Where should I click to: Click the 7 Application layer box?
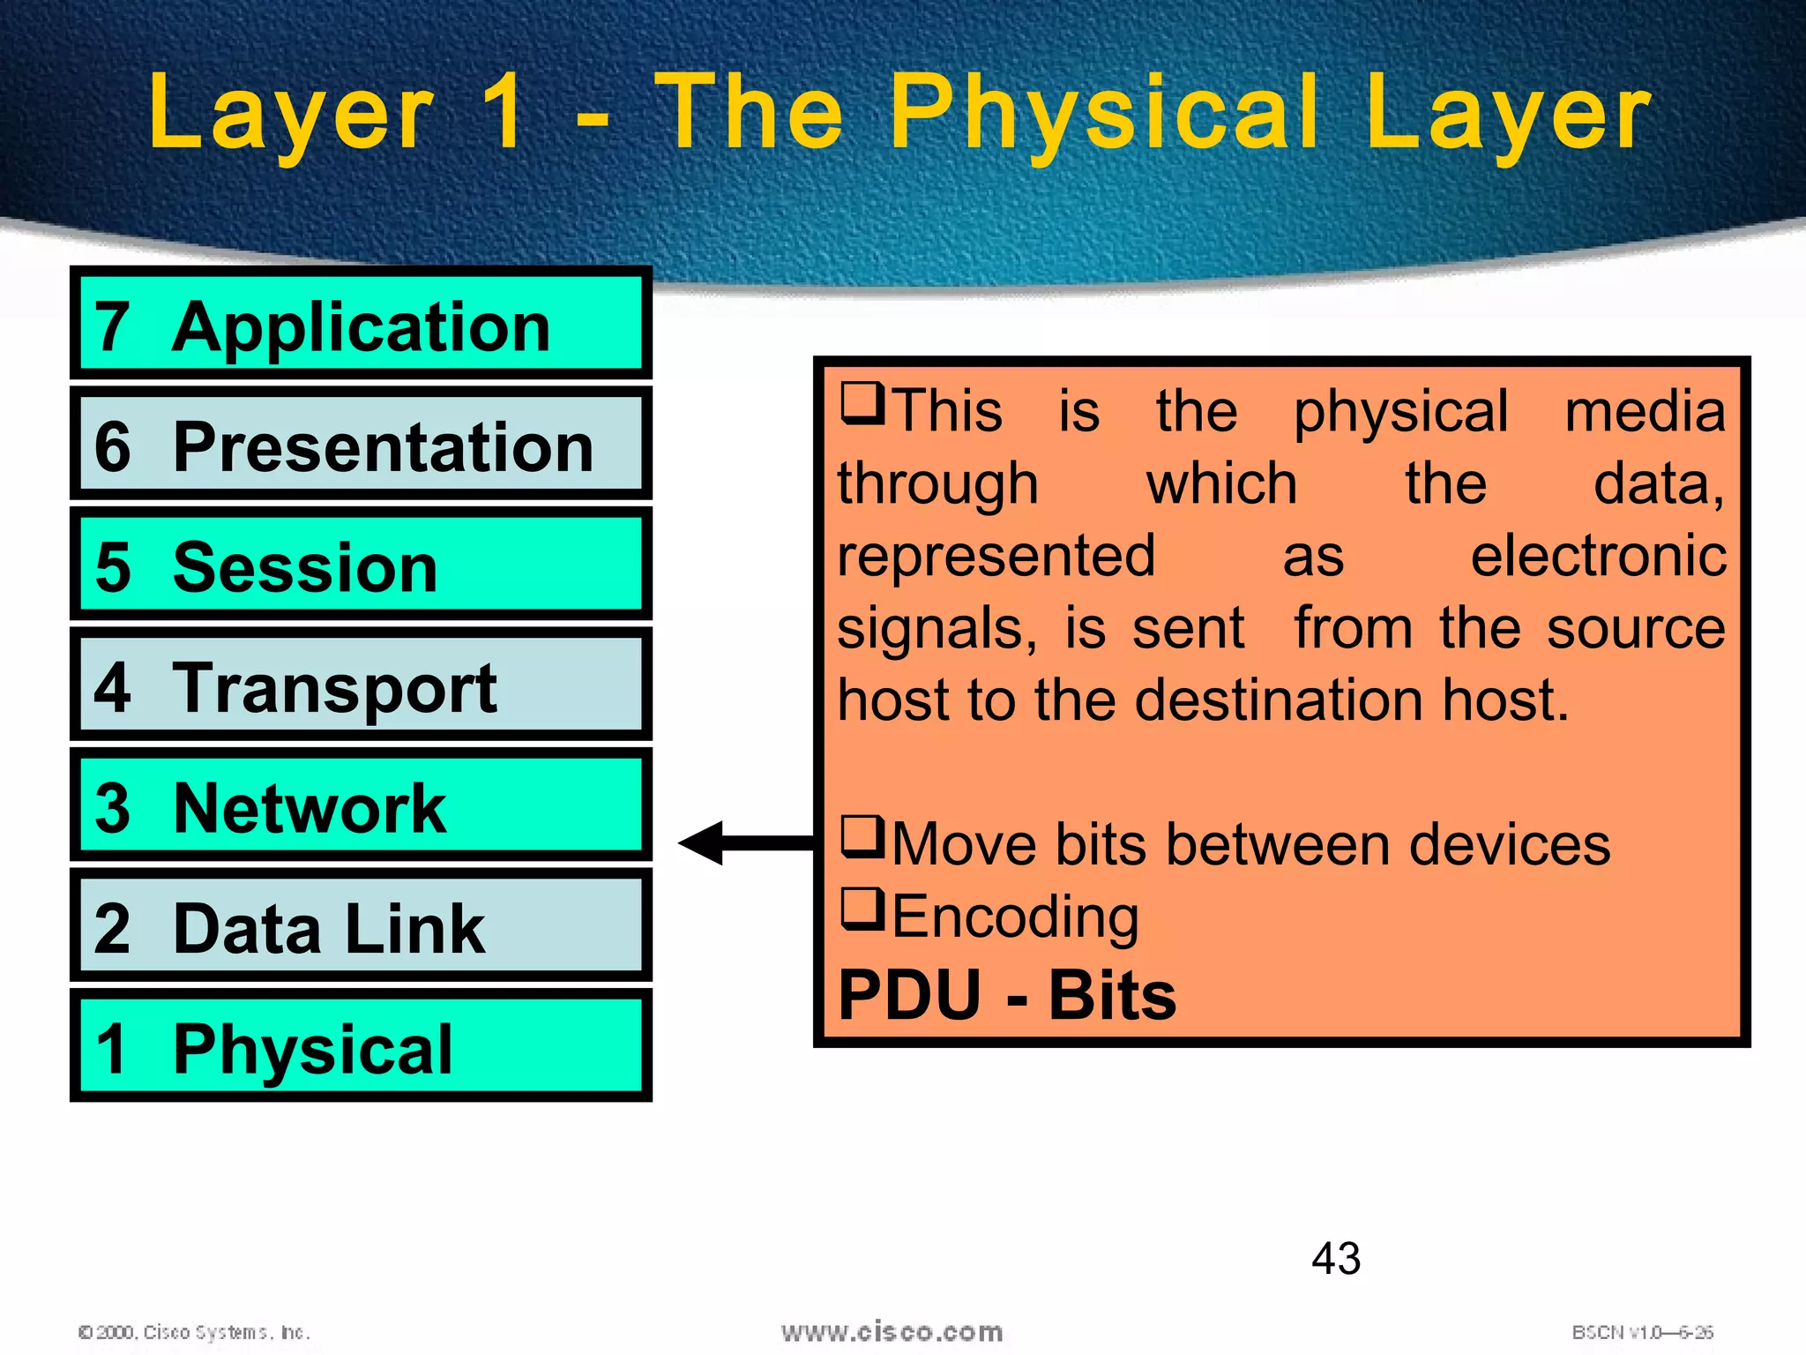(x=361, y=324)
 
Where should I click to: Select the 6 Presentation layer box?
(x=361, y=444)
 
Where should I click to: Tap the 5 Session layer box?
(x=361, y=565)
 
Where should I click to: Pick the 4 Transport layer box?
(x=361, y=685)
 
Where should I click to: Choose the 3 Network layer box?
(x=361, y=805)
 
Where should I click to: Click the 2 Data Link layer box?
(x=361, y=926)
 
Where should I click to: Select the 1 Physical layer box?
(x=361, y=1047)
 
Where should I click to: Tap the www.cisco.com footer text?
(x=892, y=1332)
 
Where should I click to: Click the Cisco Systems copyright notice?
(x=194, y=1332)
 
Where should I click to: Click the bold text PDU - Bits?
(x=1006, y=995)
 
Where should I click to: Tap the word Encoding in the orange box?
(x=1015, y=917)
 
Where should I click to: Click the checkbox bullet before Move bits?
(x=862, y=837)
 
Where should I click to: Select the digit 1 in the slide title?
(x=504, y=113)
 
